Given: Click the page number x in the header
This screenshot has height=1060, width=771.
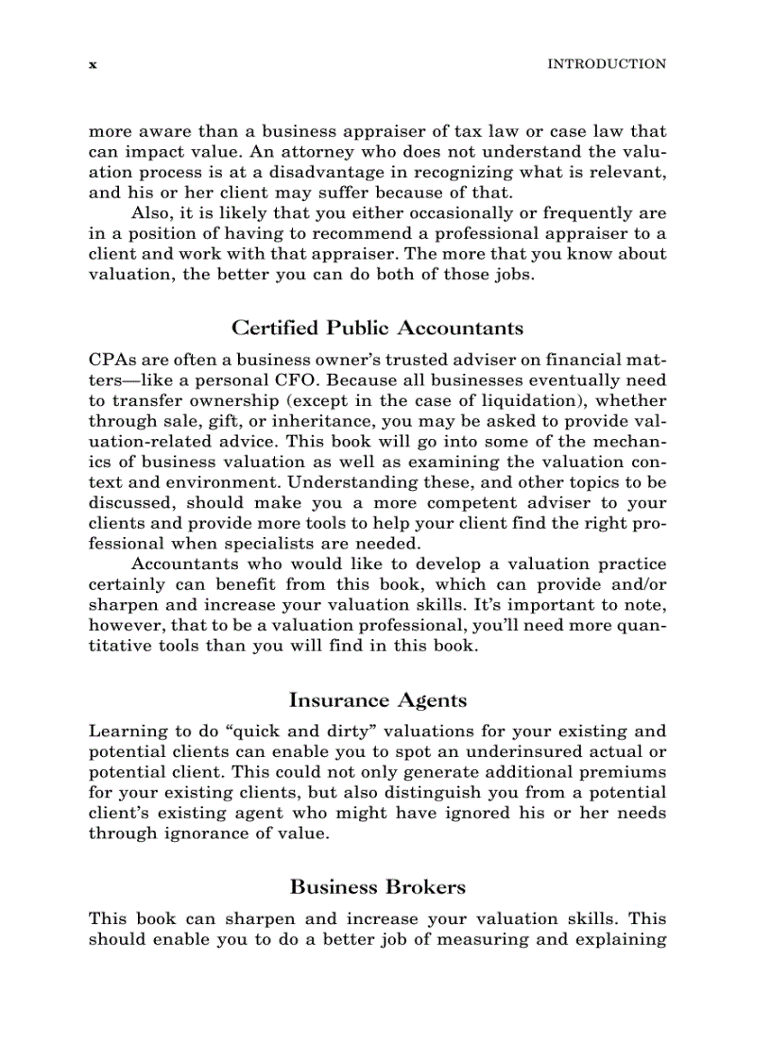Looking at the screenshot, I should coord(93,65).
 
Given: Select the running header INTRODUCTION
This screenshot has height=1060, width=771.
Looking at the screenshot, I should coord(607,64).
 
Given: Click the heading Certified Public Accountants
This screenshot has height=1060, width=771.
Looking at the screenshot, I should coord(377,328).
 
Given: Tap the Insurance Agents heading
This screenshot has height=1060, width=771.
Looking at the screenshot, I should coord(377,699).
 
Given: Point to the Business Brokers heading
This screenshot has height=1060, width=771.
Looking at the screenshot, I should coord(377,887).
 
